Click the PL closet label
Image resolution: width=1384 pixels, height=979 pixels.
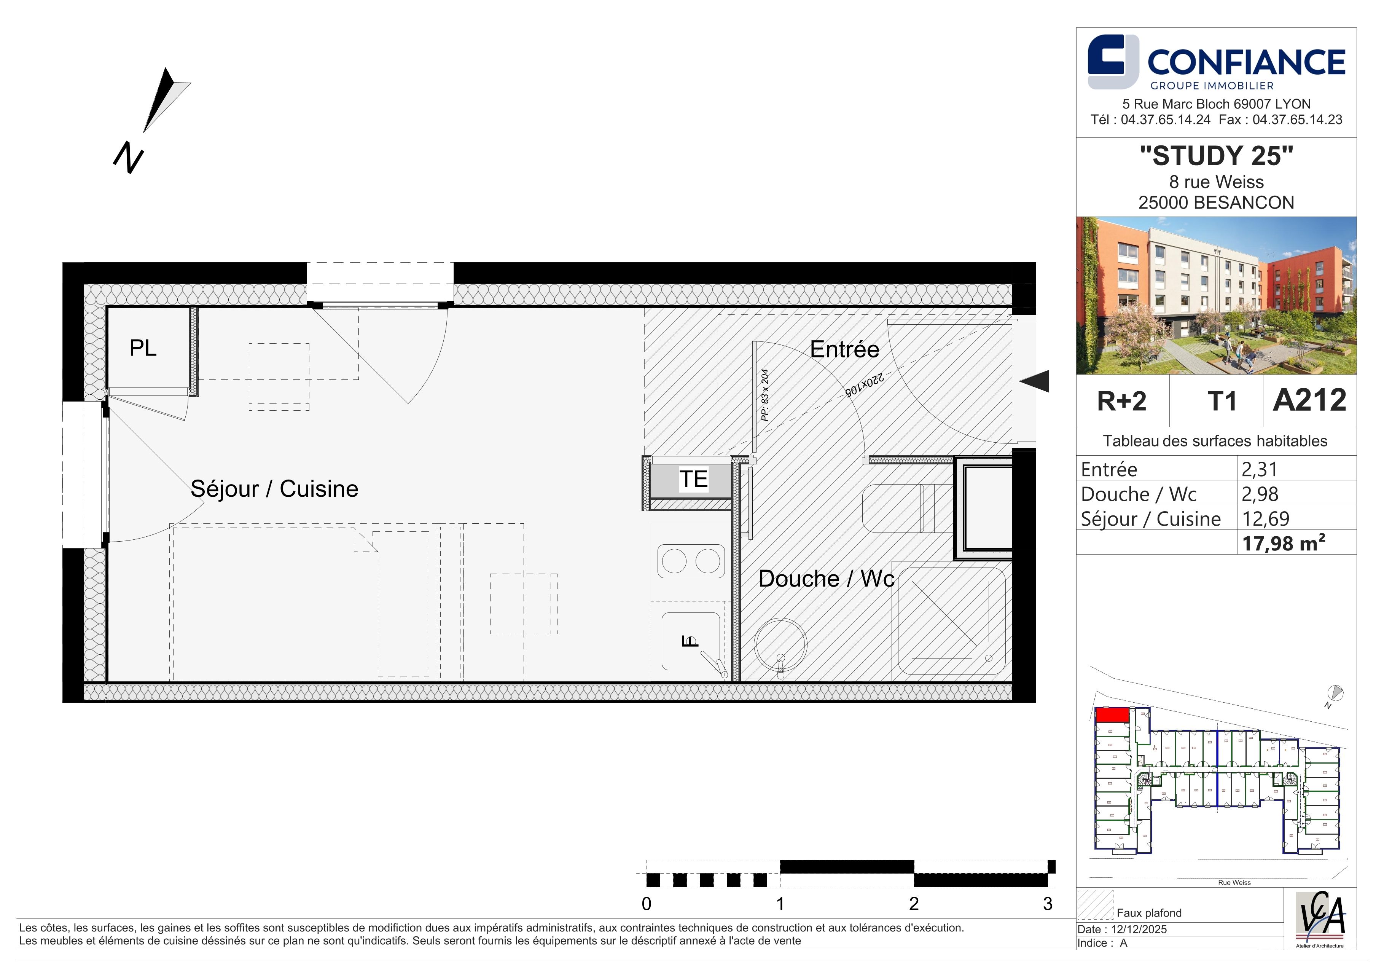[143, 348]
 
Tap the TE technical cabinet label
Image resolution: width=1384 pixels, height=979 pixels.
[693, 479]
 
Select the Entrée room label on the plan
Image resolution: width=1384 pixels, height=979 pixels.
[844, 349]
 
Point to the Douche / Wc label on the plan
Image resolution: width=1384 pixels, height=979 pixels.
[826, 579]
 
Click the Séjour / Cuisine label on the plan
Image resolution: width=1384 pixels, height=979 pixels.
[274, 489]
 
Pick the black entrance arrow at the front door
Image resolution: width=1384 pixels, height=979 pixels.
[1034, 381]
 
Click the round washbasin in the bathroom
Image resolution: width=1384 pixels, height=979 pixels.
[780, 643]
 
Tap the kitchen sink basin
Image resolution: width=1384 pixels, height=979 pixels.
[691, 641]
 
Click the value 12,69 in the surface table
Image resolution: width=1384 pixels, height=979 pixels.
[1266, 519]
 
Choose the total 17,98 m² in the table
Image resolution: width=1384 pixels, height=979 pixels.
[1283, 543]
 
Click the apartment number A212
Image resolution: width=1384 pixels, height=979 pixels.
[1309, 400]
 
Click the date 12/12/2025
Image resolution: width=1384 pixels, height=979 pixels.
[1139, 929]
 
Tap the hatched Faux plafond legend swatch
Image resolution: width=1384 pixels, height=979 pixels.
[1095, 905]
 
